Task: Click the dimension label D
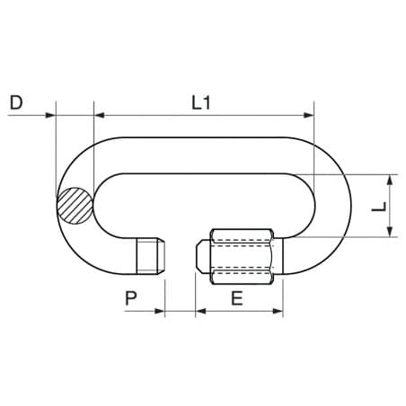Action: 16,102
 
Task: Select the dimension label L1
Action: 201,102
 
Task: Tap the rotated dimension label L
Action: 379,207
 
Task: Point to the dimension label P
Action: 131,298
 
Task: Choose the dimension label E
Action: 237,298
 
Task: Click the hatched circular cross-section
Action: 75,206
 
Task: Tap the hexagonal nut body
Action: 242,256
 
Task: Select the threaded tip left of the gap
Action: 150,255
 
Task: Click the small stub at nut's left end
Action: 203,256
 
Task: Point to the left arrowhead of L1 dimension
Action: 99,115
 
